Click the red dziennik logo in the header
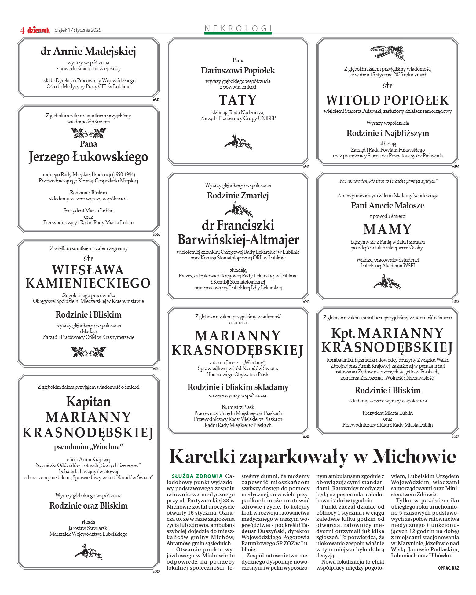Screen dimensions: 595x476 [38, 30]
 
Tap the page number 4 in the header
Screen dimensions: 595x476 [22, 30]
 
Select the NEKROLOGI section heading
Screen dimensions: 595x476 [238, 28]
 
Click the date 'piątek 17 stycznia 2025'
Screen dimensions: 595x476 [78, 30]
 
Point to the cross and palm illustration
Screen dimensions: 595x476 [387, 53]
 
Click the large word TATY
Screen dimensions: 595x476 [238, 100]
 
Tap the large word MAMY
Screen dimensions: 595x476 [387, 230]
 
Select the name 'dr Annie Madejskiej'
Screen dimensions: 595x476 [88, 51]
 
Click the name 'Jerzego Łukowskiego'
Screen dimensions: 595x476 [88, 157]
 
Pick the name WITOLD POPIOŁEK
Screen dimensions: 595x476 [387, 100]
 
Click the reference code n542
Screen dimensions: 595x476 [156, 100]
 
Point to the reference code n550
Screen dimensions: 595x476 [455, 167]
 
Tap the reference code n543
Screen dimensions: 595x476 [156, 571]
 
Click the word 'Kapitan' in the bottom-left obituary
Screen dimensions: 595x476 [88, 402]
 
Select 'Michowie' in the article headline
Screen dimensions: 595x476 [414, 457]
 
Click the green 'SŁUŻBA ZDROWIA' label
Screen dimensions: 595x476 [197, 476]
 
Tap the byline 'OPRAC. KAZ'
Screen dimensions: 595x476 [448, 568]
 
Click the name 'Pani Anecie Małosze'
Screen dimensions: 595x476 [387, 206]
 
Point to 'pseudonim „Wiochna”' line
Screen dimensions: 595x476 [88, 447]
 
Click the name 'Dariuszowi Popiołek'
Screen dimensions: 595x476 [238, 71]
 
